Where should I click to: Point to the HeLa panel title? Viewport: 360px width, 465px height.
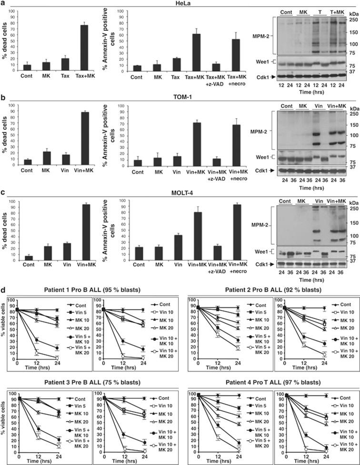click(180, 3)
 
